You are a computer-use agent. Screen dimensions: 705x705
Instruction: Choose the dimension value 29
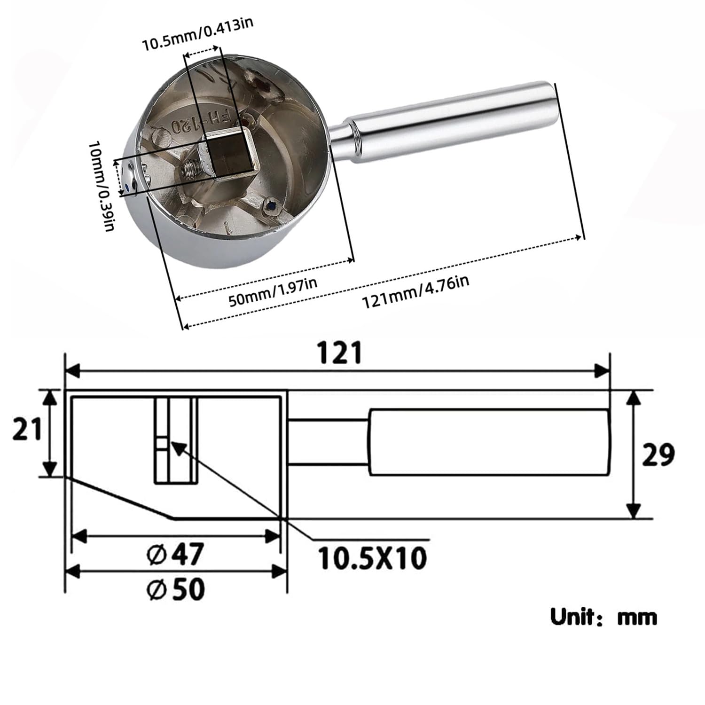pyautogui.click(x=658, y=454)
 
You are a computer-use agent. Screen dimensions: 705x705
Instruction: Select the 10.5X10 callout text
pyautogui.click(x=373, y=558)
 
